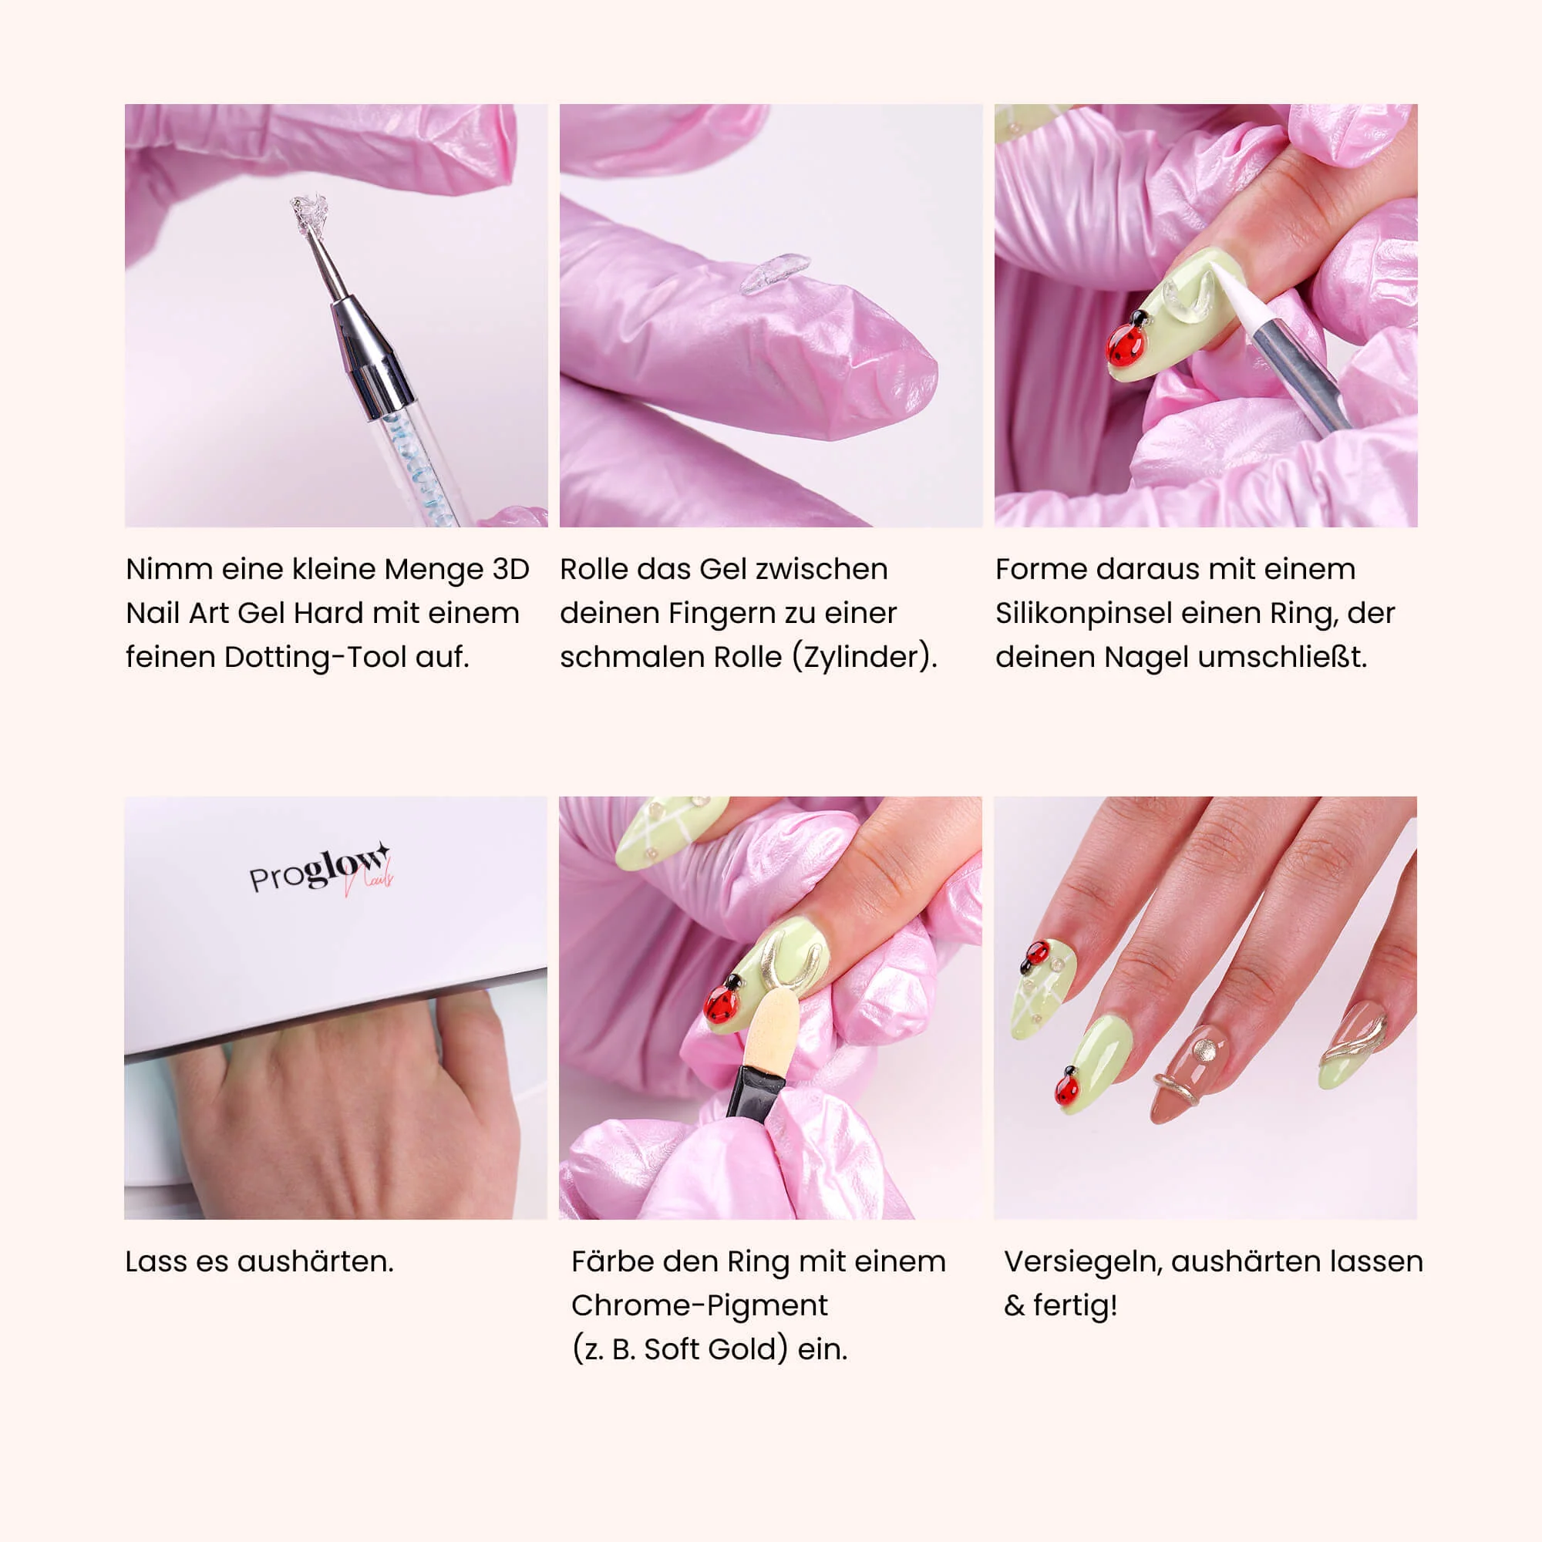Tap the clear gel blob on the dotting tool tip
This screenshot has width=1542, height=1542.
pyautogui.click(x=305, y=214)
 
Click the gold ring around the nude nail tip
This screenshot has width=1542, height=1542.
pyautogui.click(x=1177, y=1086)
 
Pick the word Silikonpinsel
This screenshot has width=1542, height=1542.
pyautogui.click(x=1083, y=614)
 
